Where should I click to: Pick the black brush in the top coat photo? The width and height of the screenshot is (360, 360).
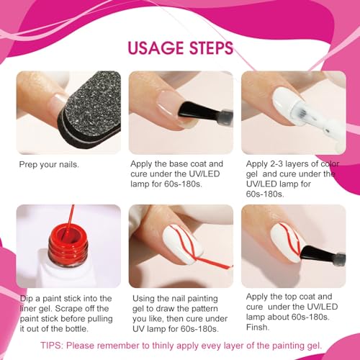[x=317, y=251]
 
